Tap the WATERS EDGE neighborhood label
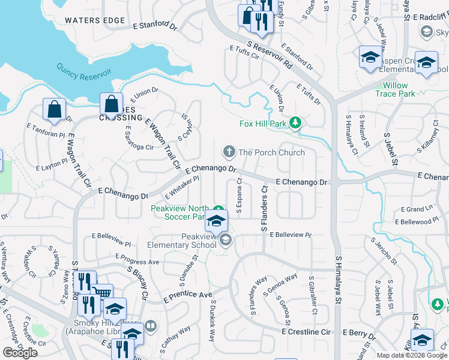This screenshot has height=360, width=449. pyautogui.click(x=95, y=20)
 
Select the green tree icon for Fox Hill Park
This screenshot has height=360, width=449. pyautogui.click(x=295, y=124)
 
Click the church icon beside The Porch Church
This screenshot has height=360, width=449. pyautogui.click(x=228, y=152)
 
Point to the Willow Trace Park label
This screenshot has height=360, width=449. pyautogui.click(x=395, y=90)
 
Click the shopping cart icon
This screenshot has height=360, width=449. pyautogui.click(x=103, y=293)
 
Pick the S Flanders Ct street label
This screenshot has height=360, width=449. pyautogui.click(x=263, y=209)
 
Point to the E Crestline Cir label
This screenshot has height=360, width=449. pyautogui.click(x=306, y=331)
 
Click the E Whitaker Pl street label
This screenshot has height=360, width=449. pyautogui.click(x=182, y=188)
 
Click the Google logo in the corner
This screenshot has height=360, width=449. pyautogui.click(x=20, y=353)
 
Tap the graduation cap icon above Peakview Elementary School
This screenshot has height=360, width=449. pyautogui.click(x=216, y=220)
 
